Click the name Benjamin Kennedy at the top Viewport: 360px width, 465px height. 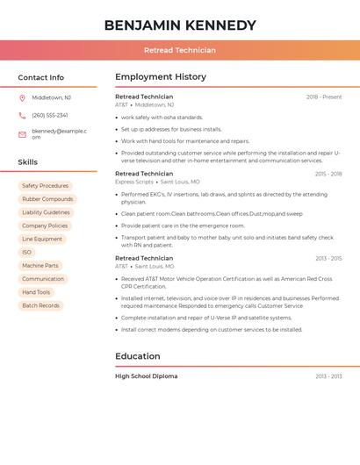tap(180, 25)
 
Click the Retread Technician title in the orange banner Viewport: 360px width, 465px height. tap(180, 50)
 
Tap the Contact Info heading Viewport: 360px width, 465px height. tap(40, 77)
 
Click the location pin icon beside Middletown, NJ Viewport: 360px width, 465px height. tap(22, 97)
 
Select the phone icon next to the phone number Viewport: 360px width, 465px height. tap(22, 115)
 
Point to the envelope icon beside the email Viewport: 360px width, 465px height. tap(22, 134)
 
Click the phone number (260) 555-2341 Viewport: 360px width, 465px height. tap(50, 115)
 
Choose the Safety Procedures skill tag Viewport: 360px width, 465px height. tap(45, 186)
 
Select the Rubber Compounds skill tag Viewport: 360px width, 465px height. tap(47, 199)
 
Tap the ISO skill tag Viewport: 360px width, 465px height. tap(26, 252)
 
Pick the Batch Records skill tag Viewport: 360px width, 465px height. tap(40, 305)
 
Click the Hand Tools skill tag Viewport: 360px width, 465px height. tap(36, 292)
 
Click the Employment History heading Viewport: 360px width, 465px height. tap(160, 77)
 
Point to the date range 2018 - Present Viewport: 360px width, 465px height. tap(324, 97)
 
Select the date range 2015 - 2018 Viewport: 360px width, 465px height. tap(328, 174)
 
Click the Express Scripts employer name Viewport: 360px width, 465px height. tap(133, 182)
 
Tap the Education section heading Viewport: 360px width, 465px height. tap(138, 356)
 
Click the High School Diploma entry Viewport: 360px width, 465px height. tap(146, 376)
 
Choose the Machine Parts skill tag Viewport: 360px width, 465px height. tap(40, 265)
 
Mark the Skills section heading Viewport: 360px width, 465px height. tap(28, 162)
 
